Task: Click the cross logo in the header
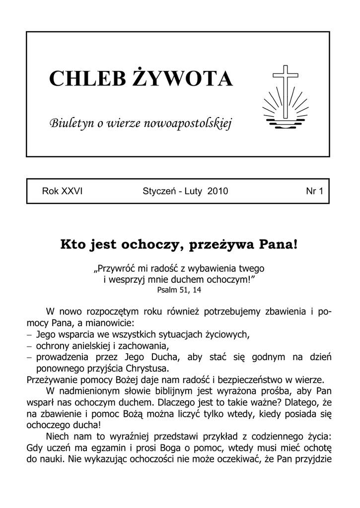(x=285, y=95)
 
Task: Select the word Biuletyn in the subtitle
(x=69, y=123)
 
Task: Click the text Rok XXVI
(x=62, y=191)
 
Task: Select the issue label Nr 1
(x=314, y=191)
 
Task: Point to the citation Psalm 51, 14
(x=180, y=290)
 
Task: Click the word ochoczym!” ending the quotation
(x=230, y=279)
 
